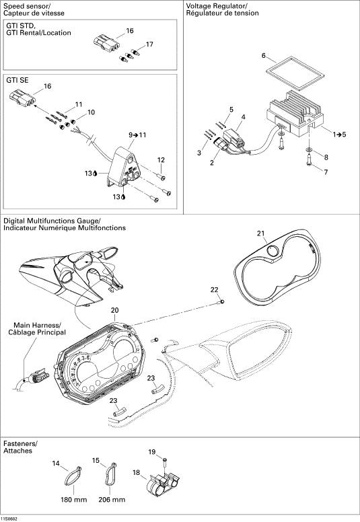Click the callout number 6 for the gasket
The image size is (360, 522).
(x=263, y=55)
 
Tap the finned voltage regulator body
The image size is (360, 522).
(x=295, y=112)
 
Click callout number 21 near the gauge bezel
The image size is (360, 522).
(x=260, y=233)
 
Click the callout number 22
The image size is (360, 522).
(x=214, y=290)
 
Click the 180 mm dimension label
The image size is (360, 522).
(x=73, y=499)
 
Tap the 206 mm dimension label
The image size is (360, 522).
(x=112, y=499)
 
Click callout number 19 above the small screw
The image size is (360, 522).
(x=152, y=452)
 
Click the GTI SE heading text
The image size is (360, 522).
(x=17, y=80)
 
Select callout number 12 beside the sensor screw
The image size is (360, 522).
(x=161, y=160)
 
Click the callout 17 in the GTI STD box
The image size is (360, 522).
(x=149, y=44)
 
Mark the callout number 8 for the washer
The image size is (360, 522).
(x=326, y=157)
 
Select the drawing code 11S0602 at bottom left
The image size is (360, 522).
(x=9, y=519)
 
